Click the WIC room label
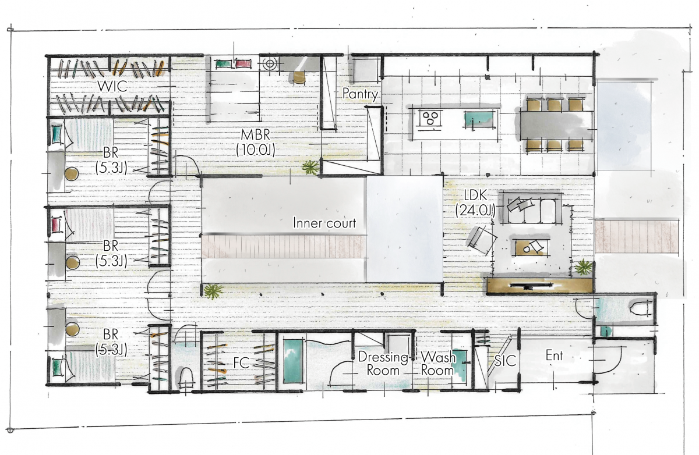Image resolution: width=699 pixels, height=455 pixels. pyautogui.click(x=112, y=86)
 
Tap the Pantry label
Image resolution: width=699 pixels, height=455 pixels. pyautogui.click(x=360, y=94)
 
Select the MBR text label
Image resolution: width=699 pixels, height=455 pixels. pyautogui.click(x=255, y=135)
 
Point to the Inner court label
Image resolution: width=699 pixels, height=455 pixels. pyautogui.click(x=324, y=223)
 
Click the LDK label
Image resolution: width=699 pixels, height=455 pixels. pyautogui.click(x=475, y=195)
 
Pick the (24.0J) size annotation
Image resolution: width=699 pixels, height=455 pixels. pyautogui.click(x=475, y=211)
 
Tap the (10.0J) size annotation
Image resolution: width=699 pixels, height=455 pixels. pyautogui.click(x=256, y=150)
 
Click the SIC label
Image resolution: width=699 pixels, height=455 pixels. pyautogui.click(x=505, y=361)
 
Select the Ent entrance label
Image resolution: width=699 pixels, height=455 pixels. pyautogui.click(x=554, y=356)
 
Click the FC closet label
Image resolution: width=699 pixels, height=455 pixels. pyautogui.click(x=241, y=362)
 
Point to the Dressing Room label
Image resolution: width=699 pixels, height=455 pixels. pyautogui.click(x=383, y=364)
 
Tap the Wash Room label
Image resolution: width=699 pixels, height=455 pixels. pyautogui.click(x=438, y=364)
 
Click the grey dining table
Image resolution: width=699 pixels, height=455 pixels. pyautogui.click(x=556, y=125)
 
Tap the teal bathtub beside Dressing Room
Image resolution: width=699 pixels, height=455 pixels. pyautogui.click(x=293, y=361)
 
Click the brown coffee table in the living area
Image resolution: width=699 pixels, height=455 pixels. pyautogui.click(x=531, y=247)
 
